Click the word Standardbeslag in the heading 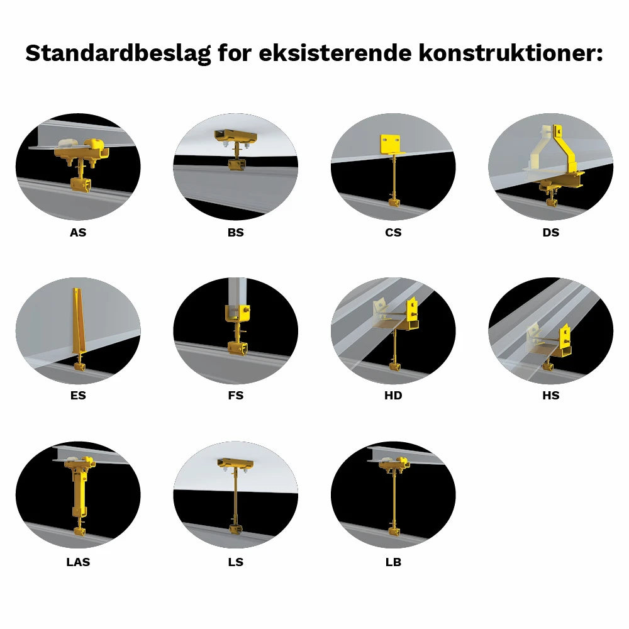pos(118,53)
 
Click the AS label pos(78,233)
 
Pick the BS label pos(236,233)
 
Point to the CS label pos(393,233)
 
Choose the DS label pos(550,233)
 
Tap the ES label pos(78,396)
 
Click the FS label pos(236,396)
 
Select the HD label pos(393,396)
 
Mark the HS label pos(550,396)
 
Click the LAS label pos(78,562)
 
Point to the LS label pos(236,562)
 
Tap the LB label pos(393,562)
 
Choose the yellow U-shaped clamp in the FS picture pos(237,313)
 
